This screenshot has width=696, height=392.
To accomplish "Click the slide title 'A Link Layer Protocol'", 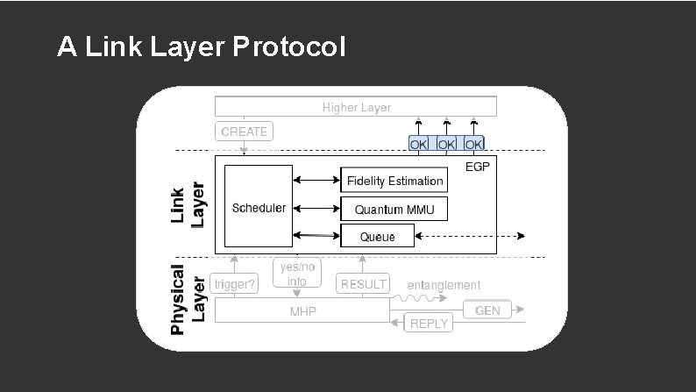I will coord(201,47).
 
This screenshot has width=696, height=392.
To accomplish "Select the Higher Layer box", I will coord(356,107).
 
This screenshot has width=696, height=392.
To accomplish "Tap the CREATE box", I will coord(244,132).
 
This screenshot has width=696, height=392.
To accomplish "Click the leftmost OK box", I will coord(419,143).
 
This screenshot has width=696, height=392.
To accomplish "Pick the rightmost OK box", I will coord(473,143).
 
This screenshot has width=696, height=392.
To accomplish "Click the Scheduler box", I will coord(258,207).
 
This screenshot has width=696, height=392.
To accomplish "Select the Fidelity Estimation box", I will coord(394,181).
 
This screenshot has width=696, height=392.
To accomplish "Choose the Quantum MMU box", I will coord(394,209).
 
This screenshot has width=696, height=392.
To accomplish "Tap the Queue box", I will coord(376,236).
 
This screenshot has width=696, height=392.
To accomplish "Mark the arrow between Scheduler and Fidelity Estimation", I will coord(316,181).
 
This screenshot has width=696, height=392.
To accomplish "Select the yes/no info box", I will coord(296,274).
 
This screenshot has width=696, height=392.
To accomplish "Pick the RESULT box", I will coord(363,284).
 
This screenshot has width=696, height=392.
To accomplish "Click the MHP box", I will coord(302,311).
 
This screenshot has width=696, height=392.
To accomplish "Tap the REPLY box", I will coord(429,323).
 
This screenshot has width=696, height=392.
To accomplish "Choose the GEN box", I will coord(486,310).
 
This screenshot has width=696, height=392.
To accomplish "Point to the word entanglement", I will coord(444,285).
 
